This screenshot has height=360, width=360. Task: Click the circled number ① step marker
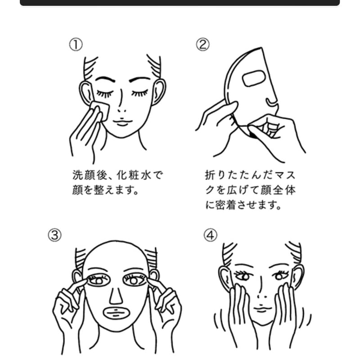tap(76, 45)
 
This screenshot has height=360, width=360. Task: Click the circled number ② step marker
tap(203, 45)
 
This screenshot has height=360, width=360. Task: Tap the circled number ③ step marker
tap(54, 235)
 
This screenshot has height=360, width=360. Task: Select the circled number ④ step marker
tap(211, 235)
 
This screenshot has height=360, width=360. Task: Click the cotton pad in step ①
tap(100, 110)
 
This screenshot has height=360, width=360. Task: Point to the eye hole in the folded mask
tap(253, 78)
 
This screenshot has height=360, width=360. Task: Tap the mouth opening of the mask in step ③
tap(117, 313)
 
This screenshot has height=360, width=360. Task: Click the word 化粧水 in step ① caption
tap(134, 175)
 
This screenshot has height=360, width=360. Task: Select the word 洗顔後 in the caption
tap(90, 175)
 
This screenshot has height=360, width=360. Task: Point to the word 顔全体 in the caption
tap(278, 190)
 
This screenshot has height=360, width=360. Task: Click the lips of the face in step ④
tap(262, 309)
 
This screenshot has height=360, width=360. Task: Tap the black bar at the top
tap(180, 3)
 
